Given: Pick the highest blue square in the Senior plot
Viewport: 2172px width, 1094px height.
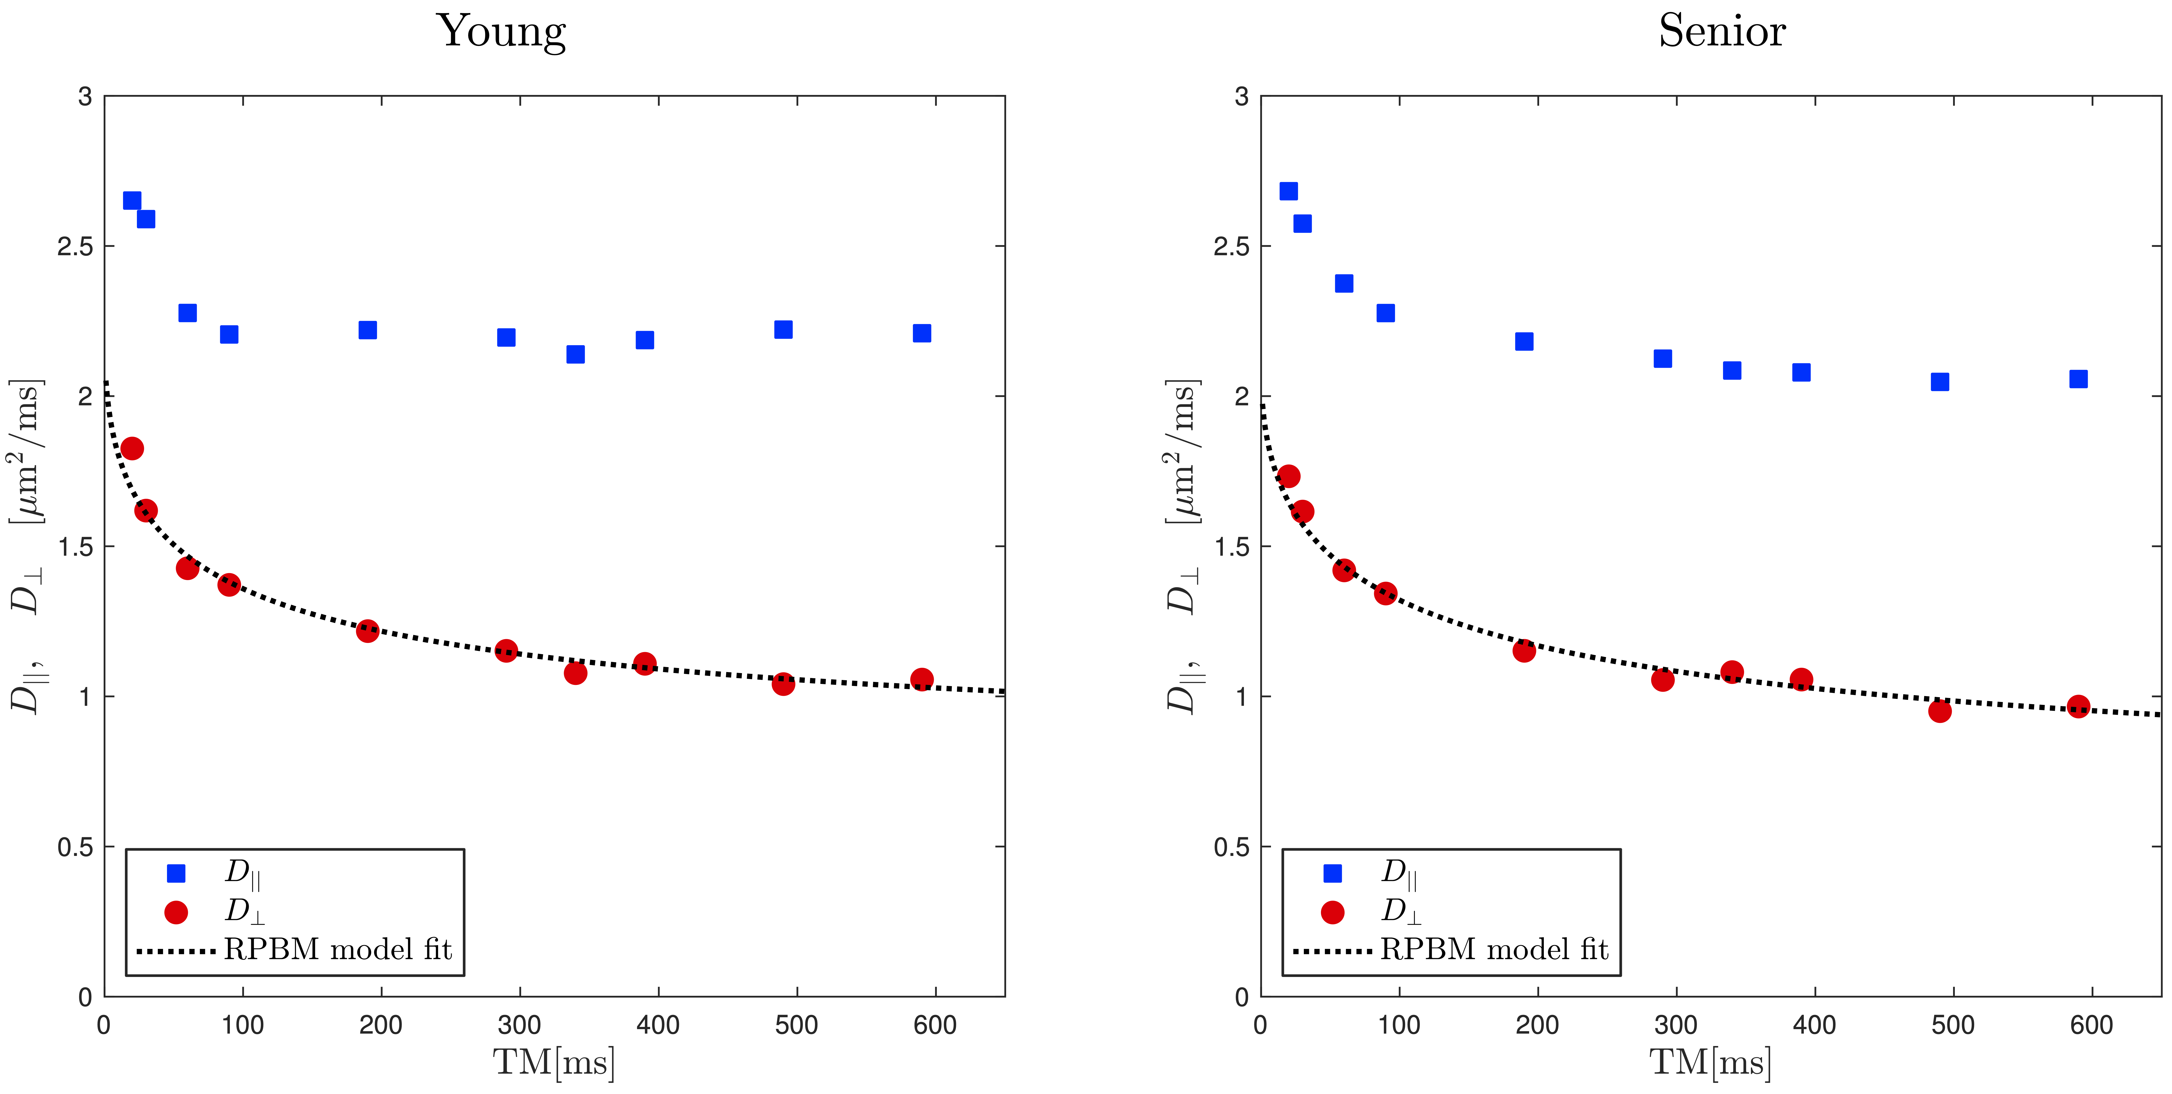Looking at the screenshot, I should [x=1288, y=191].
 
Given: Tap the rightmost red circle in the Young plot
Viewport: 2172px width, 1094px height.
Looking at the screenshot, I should [x=922, y=679].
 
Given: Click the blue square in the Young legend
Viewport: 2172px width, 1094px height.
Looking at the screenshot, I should [x=176, y=873].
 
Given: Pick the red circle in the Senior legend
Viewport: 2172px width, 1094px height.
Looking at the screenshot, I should [x=1332, y=912].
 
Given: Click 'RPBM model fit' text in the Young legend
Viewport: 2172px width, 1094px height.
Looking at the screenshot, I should [x=338, y=950].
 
